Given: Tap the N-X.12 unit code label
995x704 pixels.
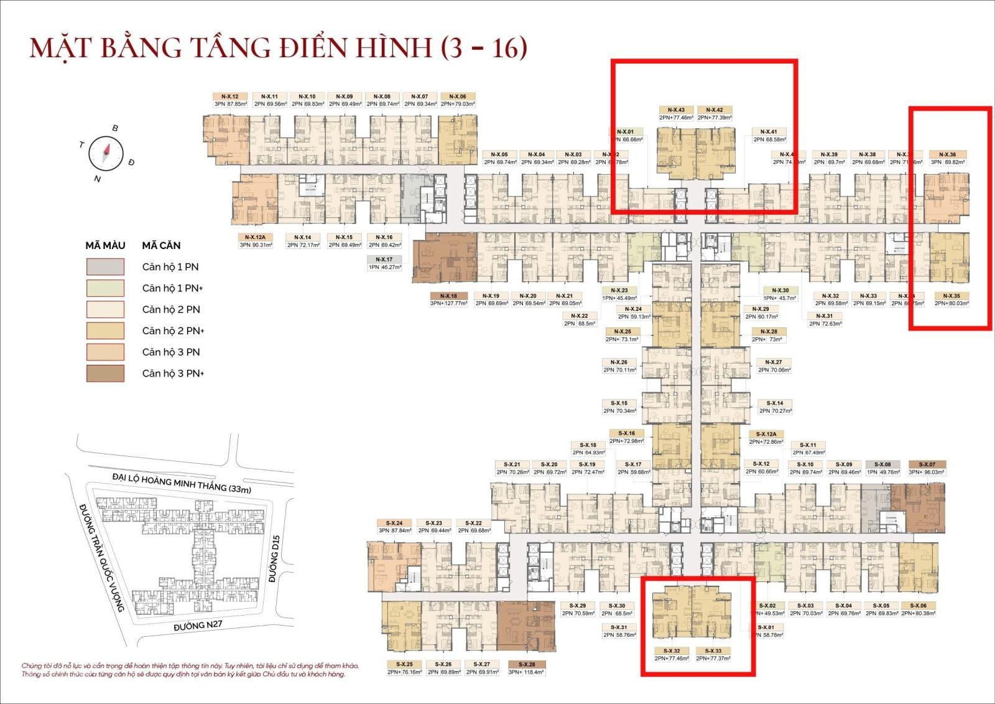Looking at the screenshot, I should point(230,96).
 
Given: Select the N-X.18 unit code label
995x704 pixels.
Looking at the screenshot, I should point(448,296).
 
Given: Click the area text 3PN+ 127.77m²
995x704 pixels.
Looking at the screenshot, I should point(448,304).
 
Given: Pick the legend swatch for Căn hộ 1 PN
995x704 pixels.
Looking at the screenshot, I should point(105,266).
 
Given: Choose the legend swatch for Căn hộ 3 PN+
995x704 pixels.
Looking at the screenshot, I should point(105,373).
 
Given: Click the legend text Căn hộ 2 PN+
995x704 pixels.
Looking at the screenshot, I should point(173,331).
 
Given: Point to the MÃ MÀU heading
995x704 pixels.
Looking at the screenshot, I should point(105,245).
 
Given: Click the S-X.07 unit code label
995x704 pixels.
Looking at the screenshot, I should point(927,464).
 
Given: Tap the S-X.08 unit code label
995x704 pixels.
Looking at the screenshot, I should point(882,464).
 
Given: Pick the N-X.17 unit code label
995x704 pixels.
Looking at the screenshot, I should point(384,259).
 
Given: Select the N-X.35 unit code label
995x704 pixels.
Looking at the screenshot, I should point(951,296).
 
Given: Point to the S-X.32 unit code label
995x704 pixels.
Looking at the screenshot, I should point(671,650).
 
